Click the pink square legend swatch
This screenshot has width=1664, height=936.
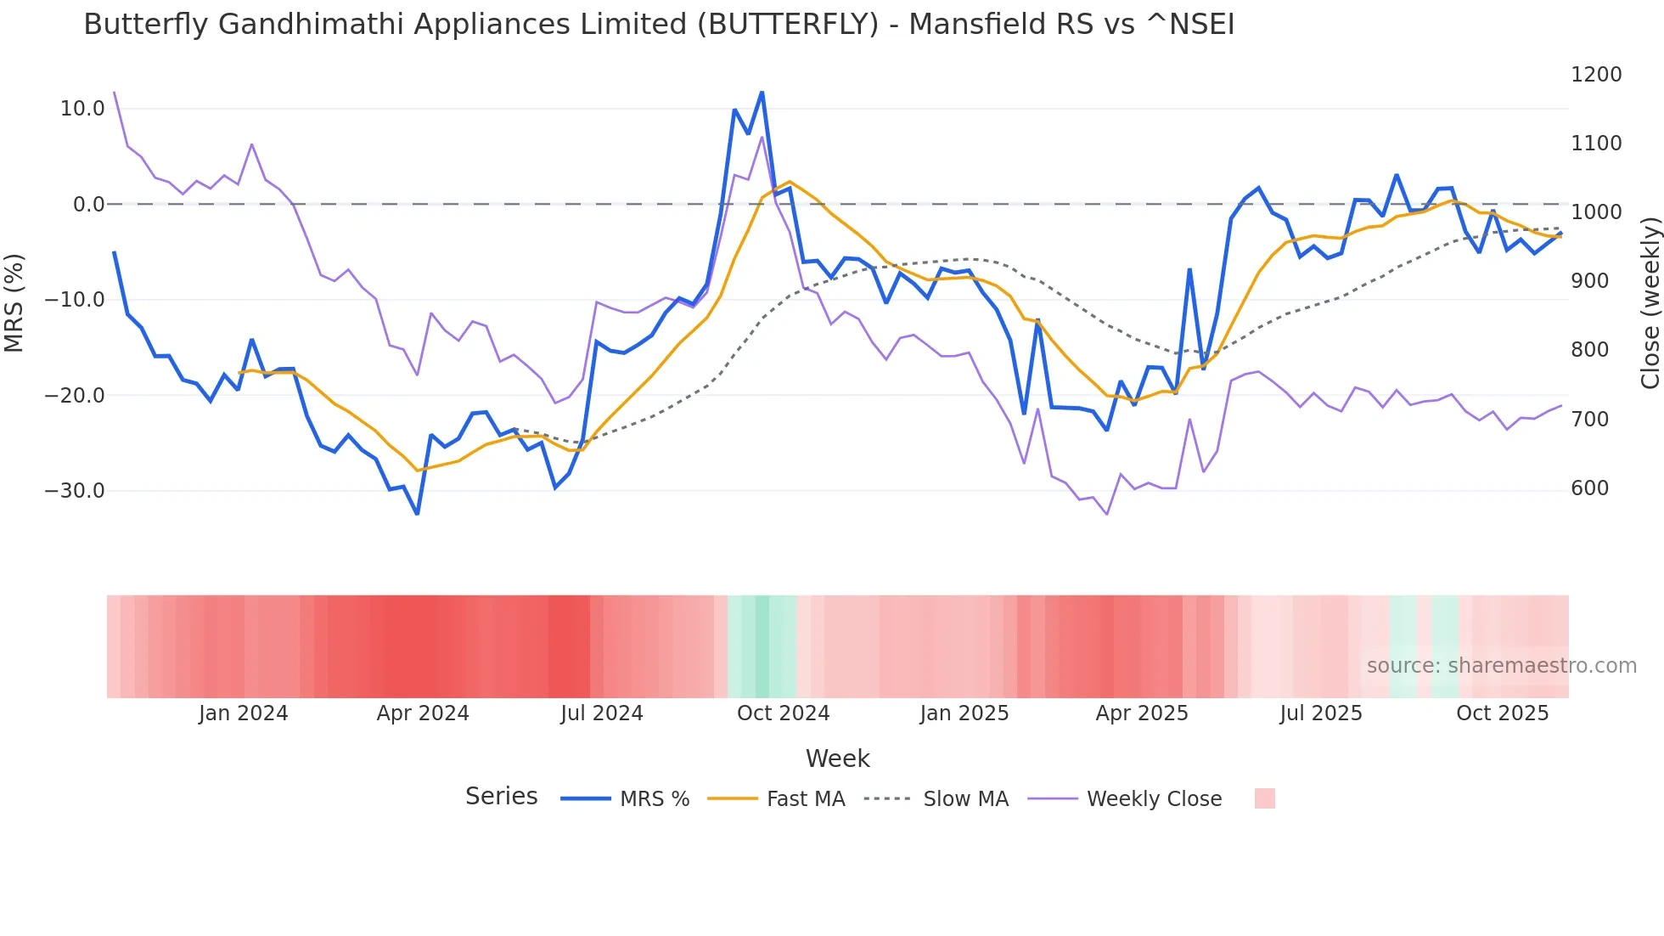[1264, 798]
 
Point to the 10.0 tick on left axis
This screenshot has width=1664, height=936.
[82, 109]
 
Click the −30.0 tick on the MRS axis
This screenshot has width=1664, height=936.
[75, 491]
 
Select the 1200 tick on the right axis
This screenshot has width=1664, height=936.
[1596, 75]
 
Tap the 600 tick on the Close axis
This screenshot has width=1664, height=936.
[1589, 488]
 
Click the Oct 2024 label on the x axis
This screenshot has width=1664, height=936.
[783, 713]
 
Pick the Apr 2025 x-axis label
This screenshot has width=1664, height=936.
[1142, 713]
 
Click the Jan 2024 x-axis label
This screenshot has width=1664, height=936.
[244, 713]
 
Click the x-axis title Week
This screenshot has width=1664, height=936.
[837, 758]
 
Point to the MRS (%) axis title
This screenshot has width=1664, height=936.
[14, 303]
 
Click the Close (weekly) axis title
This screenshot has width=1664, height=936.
[1650, 303]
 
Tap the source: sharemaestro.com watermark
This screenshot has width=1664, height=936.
[1501, 666]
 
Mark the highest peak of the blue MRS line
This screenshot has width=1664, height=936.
[762, 92]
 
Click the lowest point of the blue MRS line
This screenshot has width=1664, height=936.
[417, 514]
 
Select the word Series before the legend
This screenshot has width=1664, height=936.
[501, 797]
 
